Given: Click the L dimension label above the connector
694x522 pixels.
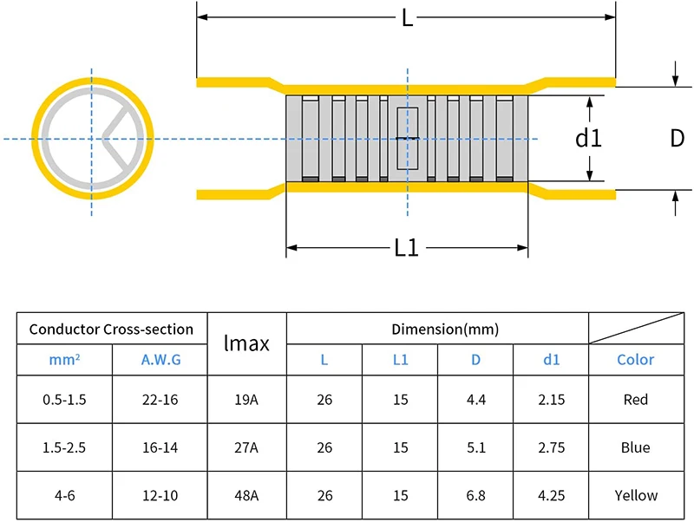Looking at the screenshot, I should (x=406, y=18).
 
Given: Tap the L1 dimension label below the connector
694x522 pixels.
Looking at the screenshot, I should (x=406, y=248).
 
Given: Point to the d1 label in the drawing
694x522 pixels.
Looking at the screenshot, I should (x=589, y=139).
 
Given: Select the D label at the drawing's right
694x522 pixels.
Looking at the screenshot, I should (x=677, y=139).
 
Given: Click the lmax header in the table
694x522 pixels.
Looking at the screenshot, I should (x=246, y=344).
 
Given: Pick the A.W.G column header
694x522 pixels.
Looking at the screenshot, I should (x=160, y=360).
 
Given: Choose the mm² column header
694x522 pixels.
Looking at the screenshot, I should (x=64, y=360).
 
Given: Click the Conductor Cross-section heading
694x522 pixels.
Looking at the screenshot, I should (x=111, y=329).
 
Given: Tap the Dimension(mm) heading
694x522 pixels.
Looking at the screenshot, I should (x=445, y=329).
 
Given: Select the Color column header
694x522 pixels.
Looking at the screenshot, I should (x=635, y=360).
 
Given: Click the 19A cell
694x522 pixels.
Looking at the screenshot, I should (x=246, y=400).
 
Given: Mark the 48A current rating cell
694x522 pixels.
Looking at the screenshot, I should (x=246, y=495).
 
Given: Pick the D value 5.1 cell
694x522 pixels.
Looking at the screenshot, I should (x=475, y=447).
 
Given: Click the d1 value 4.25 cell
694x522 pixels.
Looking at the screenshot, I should (x=551, y=495).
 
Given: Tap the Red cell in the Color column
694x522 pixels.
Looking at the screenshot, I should (x=635, y=400).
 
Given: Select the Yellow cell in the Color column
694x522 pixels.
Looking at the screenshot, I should (x=635, y=495).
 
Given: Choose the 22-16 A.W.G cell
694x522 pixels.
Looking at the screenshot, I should (x=160, y=400).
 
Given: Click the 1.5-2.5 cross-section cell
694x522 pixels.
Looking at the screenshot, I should (x=64, y=447).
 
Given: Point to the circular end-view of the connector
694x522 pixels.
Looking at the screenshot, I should (x=92, y=139).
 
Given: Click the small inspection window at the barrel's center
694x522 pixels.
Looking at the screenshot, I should (x=407, y=139).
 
